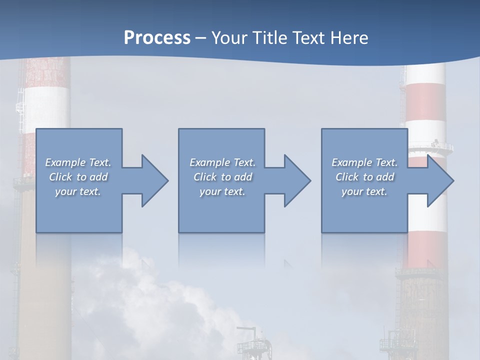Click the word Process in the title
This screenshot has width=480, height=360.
point(157,38)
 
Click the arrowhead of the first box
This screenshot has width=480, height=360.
point(153,180)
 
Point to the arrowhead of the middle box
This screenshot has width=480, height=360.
point(295,180)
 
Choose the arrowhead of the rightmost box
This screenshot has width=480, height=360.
point(438,180)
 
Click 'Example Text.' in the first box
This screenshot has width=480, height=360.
point(78,162)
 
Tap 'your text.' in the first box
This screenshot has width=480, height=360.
point(78,191)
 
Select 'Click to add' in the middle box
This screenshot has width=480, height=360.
point(222,177)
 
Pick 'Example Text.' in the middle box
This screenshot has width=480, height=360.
point(222,162)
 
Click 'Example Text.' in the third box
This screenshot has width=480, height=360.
point(364,162)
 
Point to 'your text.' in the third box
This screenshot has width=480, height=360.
point(364,191)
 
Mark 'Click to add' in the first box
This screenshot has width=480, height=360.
point(78,177)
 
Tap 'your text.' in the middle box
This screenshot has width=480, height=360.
point(222,191)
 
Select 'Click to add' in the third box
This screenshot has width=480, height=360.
point(364,177)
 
